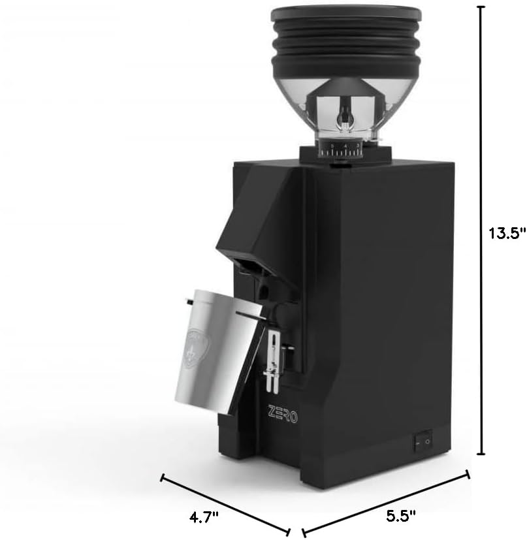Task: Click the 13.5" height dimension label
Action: [507, 234]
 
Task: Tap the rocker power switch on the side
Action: [423, 443]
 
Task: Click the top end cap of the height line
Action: [482, 7]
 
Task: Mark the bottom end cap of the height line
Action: [482, 454]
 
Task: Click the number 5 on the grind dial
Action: [332, 145]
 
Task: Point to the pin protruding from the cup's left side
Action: [188, 301]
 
